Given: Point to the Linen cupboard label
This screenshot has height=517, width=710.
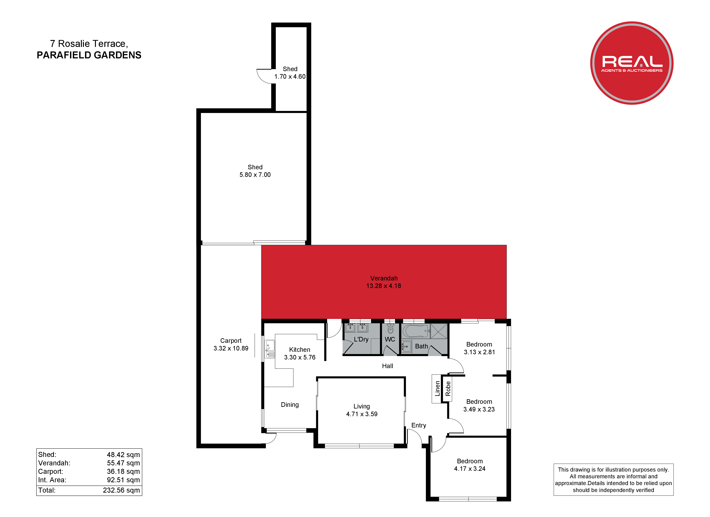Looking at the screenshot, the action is (x=437, y=389).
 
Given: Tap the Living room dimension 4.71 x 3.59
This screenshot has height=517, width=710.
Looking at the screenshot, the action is (x=362, y=414).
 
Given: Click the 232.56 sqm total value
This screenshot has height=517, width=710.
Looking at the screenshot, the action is (x=121, y=490).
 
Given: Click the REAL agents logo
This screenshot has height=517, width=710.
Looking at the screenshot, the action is (x=632, y=63).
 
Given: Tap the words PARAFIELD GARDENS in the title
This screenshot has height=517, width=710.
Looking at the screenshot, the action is (x=89, y=55).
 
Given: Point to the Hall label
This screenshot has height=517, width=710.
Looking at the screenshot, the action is (x=388, y=366).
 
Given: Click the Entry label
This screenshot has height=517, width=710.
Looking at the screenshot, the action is (x=419, y=425).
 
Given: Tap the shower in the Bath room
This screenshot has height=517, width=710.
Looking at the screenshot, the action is (x=439, y=331).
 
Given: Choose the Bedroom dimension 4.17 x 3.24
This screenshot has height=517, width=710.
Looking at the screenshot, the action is (x=470, y=469).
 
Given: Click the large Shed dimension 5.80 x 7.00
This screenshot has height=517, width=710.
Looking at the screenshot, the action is (x=255, y=175).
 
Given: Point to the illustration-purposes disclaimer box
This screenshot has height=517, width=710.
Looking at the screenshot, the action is (x=614, y=480).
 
